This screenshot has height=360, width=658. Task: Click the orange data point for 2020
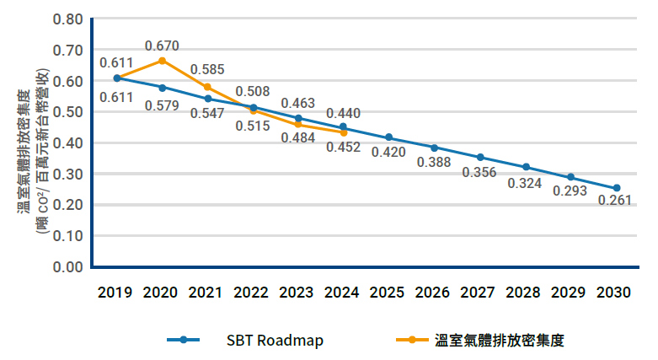coord(162,61)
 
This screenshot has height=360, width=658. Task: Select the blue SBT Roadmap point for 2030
coord(617,188)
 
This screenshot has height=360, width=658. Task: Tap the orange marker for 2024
coord(344,132)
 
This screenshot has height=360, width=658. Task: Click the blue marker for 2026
coord(435,148)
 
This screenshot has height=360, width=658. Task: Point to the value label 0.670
coord(162,46)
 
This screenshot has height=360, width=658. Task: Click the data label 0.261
coord(614,201)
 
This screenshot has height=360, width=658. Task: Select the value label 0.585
coord(207,69)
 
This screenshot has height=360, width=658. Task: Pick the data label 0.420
coord(389,152)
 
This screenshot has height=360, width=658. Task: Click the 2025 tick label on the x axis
coord(389,293)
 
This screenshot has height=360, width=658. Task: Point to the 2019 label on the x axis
coord(115,293)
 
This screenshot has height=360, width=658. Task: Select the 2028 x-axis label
coord(526,293)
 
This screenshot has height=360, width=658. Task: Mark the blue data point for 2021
coord(207,99)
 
